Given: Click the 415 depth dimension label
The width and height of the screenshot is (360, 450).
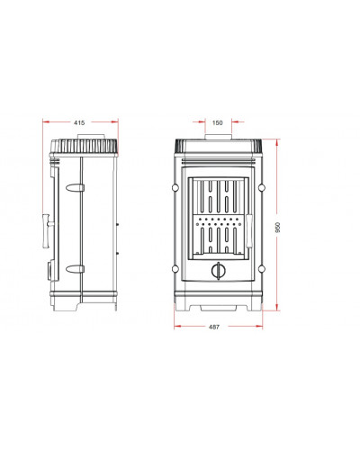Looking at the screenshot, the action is (x=79, y=122).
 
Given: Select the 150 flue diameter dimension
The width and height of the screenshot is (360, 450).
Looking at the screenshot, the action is (x=218, y=122).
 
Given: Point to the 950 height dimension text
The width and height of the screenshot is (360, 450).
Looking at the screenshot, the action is (x=277, y=228).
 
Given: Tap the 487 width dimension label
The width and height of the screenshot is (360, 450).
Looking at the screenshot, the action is (x=214, y=327).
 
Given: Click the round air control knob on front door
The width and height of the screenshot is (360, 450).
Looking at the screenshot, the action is (x=218, y=271).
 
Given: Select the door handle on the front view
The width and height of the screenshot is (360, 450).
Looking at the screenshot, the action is (x=248, y=231).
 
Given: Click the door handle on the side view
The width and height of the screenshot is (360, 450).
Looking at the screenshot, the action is (x=47, y=231).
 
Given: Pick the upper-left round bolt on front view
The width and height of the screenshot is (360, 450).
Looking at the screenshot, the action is (x=175, y=188).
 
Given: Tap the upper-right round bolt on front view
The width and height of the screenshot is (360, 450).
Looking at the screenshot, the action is (x=262, y=188).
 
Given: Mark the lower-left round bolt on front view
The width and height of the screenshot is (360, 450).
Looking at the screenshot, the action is (x=175, y=269).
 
